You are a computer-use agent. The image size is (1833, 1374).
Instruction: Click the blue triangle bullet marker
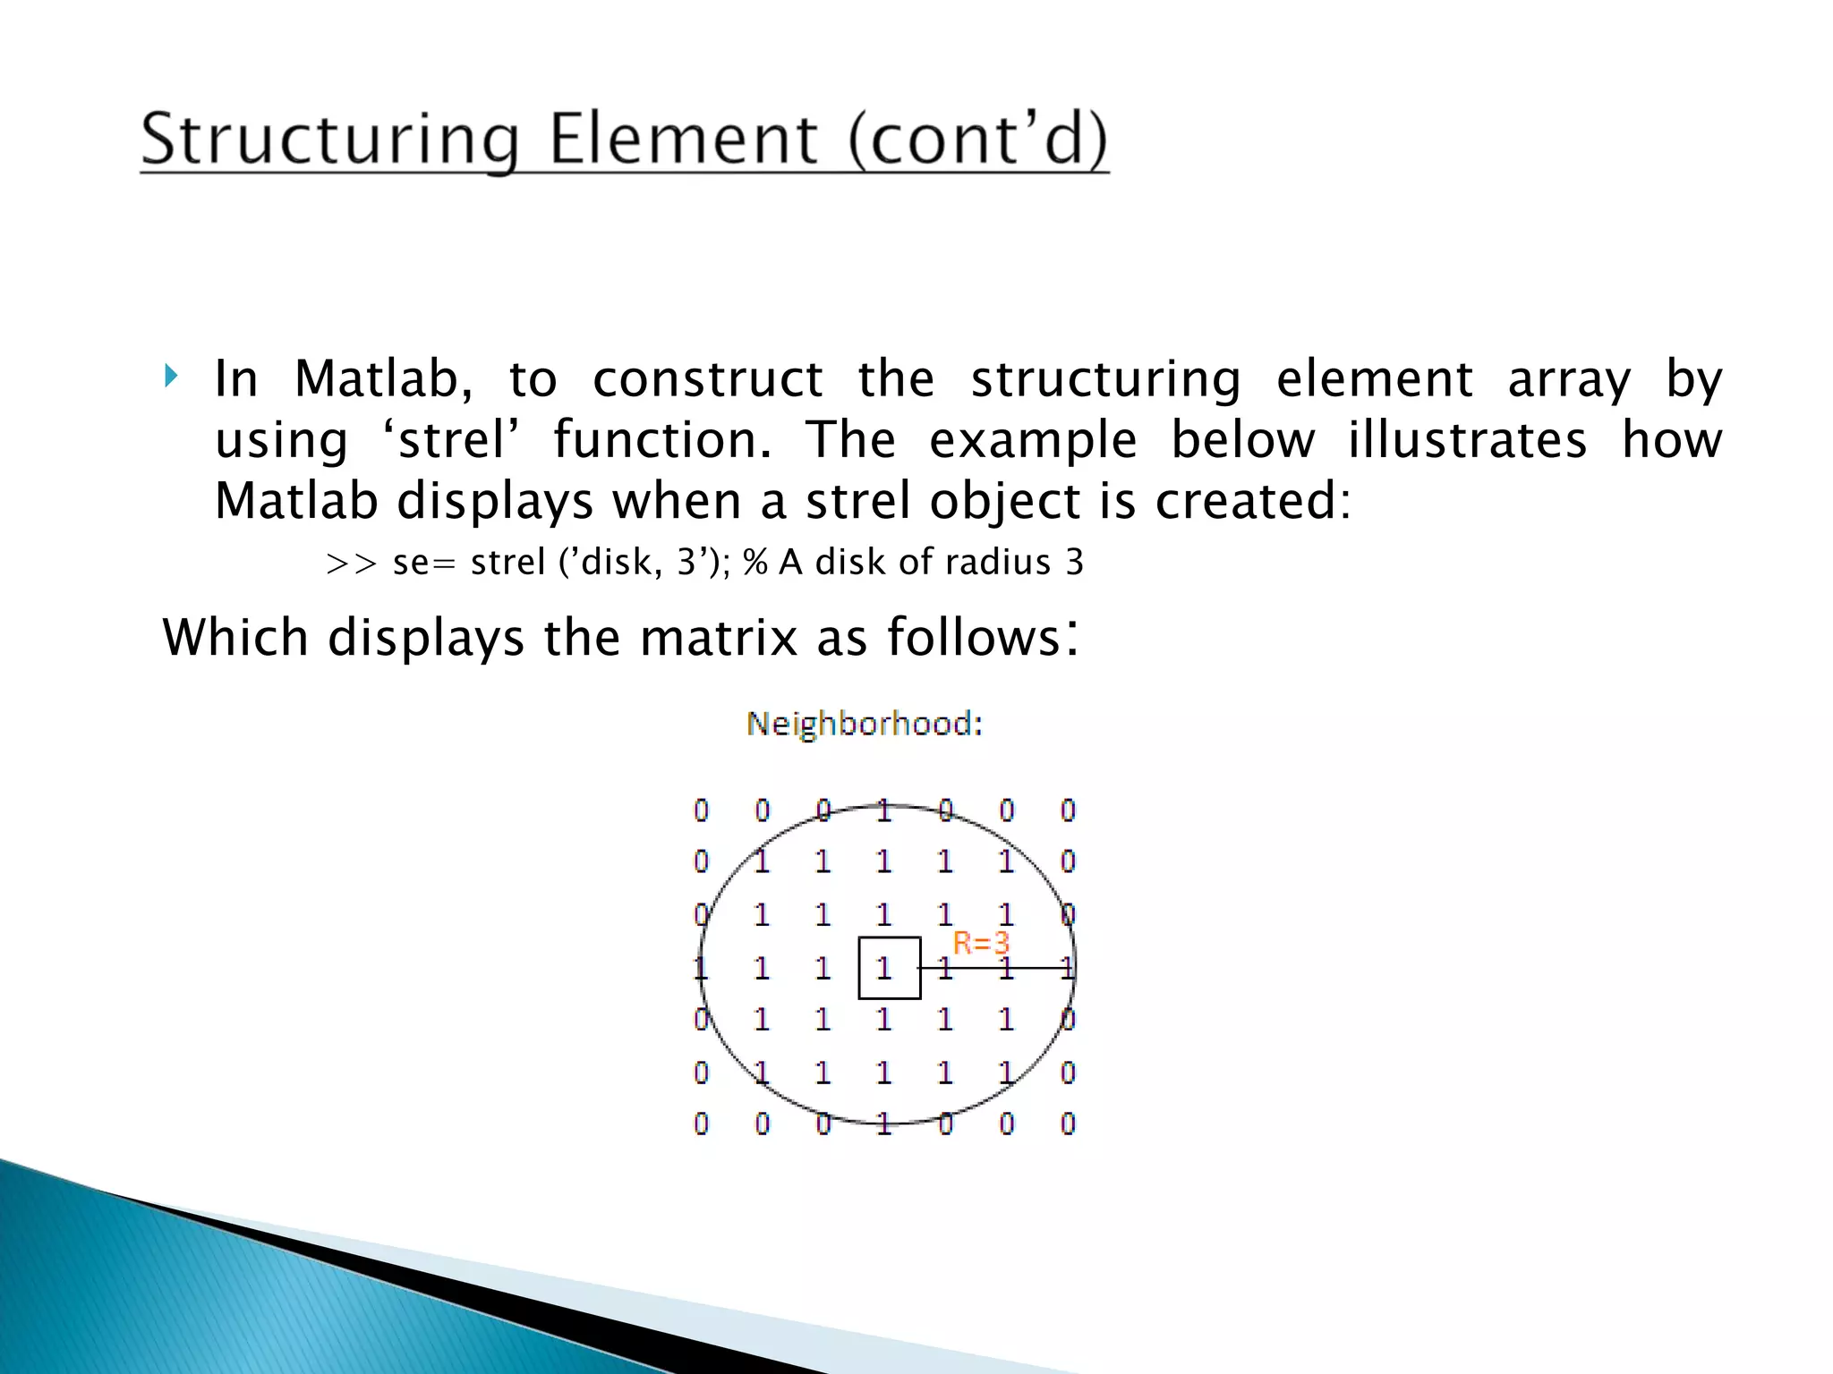click(x=171, y=377)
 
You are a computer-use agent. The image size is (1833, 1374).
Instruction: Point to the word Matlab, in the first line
click(x=383, y=378)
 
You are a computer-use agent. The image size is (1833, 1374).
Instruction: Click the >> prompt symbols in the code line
click(x=351, y=564)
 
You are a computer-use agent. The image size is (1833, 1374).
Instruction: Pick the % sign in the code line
click(x=755, y=563)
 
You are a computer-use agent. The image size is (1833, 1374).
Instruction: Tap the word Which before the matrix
click(x=235, y=638)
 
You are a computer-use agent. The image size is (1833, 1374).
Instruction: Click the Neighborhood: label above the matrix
click(x=865, y=723)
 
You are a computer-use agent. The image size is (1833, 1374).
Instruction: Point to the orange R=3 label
click(x=981, y=943)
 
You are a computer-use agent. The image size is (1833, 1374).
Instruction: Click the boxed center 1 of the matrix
click(x=885, y=967)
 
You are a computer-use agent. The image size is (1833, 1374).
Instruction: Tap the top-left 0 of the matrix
click(x=701, y=810)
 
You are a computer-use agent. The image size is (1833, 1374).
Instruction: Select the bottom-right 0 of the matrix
click(x=1068, y=1124)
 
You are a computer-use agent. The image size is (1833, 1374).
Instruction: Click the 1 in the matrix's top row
click(x=884, y=810)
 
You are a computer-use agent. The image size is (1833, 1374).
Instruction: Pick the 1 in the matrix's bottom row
click(x=884, y=1124)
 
